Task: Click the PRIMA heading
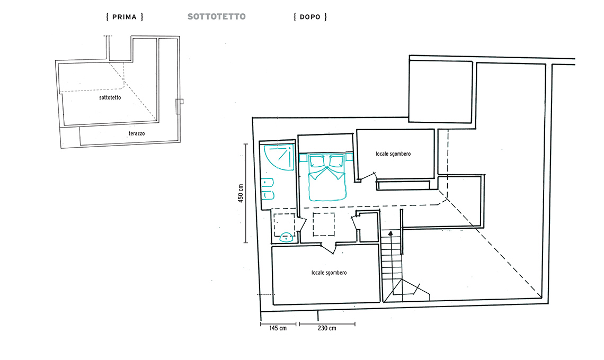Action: pos(125,17)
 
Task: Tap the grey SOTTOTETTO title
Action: pos(217,16)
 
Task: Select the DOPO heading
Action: pos(310,17)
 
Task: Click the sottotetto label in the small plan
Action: pos(110,97)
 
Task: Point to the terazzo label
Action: pos(137,133)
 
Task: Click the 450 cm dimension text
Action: pos(241,193)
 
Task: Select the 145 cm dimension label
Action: pos(278,328)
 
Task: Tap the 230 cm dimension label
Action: pos(327,328)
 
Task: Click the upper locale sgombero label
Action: pos(393,154)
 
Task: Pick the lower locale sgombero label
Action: pos(329,273)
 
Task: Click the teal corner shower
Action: pos(279,157)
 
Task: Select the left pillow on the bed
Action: pos(317,161)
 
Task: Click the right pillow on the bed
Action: pos(336,161)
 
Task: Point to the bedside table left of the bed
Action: pos(303,157)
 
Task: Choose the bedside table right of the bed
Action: pos(349,157)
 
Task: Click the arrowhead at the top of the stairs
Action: pos(390,233)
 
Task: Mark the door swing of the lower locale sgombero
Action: pos(328,249)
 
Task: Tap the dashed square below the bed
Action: pos(324,224)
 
